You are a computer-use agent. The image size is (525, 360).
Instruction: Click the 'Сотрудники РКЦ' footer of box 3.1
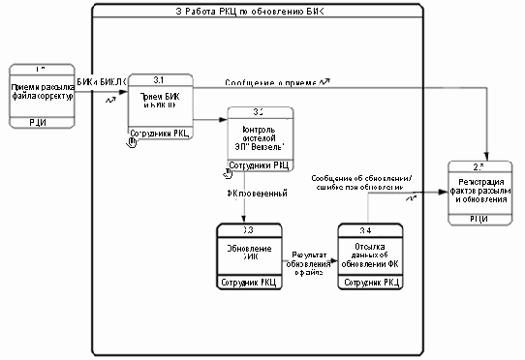(160, 134)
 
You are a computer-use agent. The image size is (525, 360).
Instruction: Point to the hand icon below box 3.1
(134, 142)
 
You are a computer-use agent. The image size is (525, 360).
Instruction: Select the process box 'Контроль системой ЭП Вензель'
(258, 138)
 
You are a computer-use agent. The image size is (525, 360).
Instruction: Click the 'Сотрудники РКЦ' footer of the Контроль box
(258, 165)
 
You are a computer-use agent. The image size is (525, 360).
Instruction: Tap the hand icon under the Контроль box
(229, 173)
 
